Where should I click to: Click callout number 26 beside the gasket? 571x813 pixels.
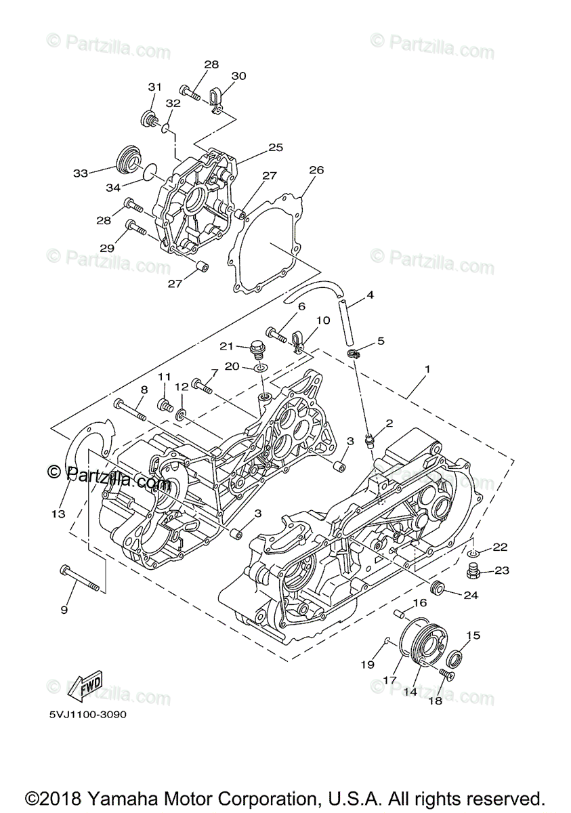click(316, 169)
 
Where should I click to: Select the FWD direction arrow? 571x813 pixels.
click(86, 688)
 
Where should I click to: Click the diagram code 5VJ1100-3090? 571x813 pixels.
click(87, 715)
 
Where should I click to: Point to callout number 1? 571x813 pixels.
click(427, 370)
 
